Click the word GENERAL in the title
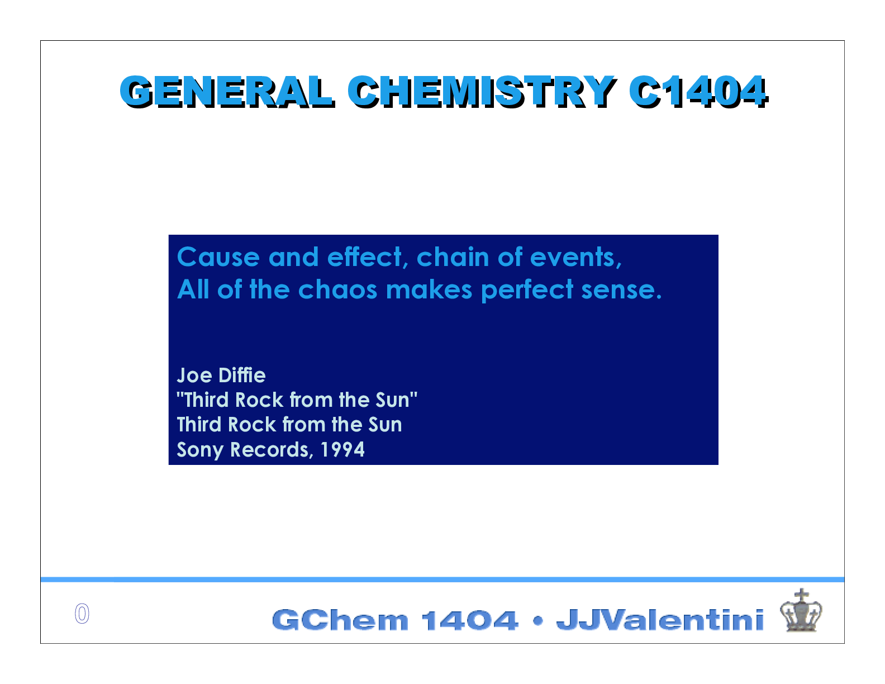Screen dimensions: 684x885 [x=226, y=91]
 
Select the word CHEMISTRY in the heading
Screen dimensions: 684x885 [x=481, y=91]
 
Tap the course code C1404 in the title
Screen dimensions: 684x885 [x=698, y=91]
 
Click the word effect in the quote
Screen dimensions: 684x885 [x=364, y=258]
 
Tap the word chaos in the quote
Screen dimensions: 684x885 [x=337, y=290]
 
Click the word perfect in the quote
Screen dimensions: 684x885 [x=527, y=290]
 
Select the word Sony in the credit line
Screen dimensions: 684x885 [x=200, y=450]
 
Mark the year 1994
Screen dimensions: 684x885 [x=342, y=450]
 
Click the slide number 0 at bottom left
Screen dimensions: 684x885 [x=82, y=614]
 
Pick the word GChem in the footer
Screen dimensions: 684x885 [x=340, y=620]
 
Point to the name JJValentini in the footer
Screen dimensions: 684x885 [x=660, y=620]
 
